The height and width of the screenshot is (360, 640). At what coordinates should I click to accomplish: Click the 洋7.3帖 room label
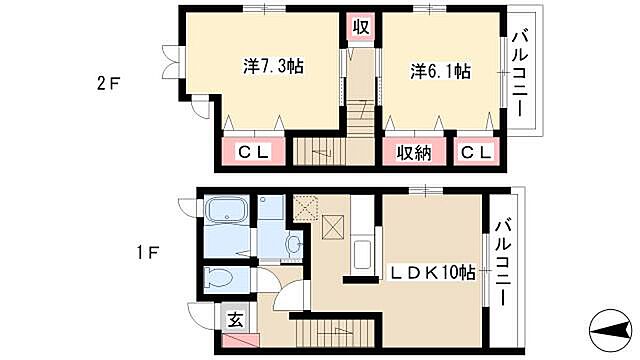273,67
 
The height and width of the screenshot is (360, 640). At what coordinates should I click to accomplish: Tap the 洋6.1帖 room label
440,72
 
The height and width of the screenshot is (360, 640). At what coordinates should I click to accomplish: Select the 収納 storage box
411,152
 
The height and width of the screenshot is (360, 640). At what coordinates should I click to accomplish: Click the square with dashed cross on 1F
305,208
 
